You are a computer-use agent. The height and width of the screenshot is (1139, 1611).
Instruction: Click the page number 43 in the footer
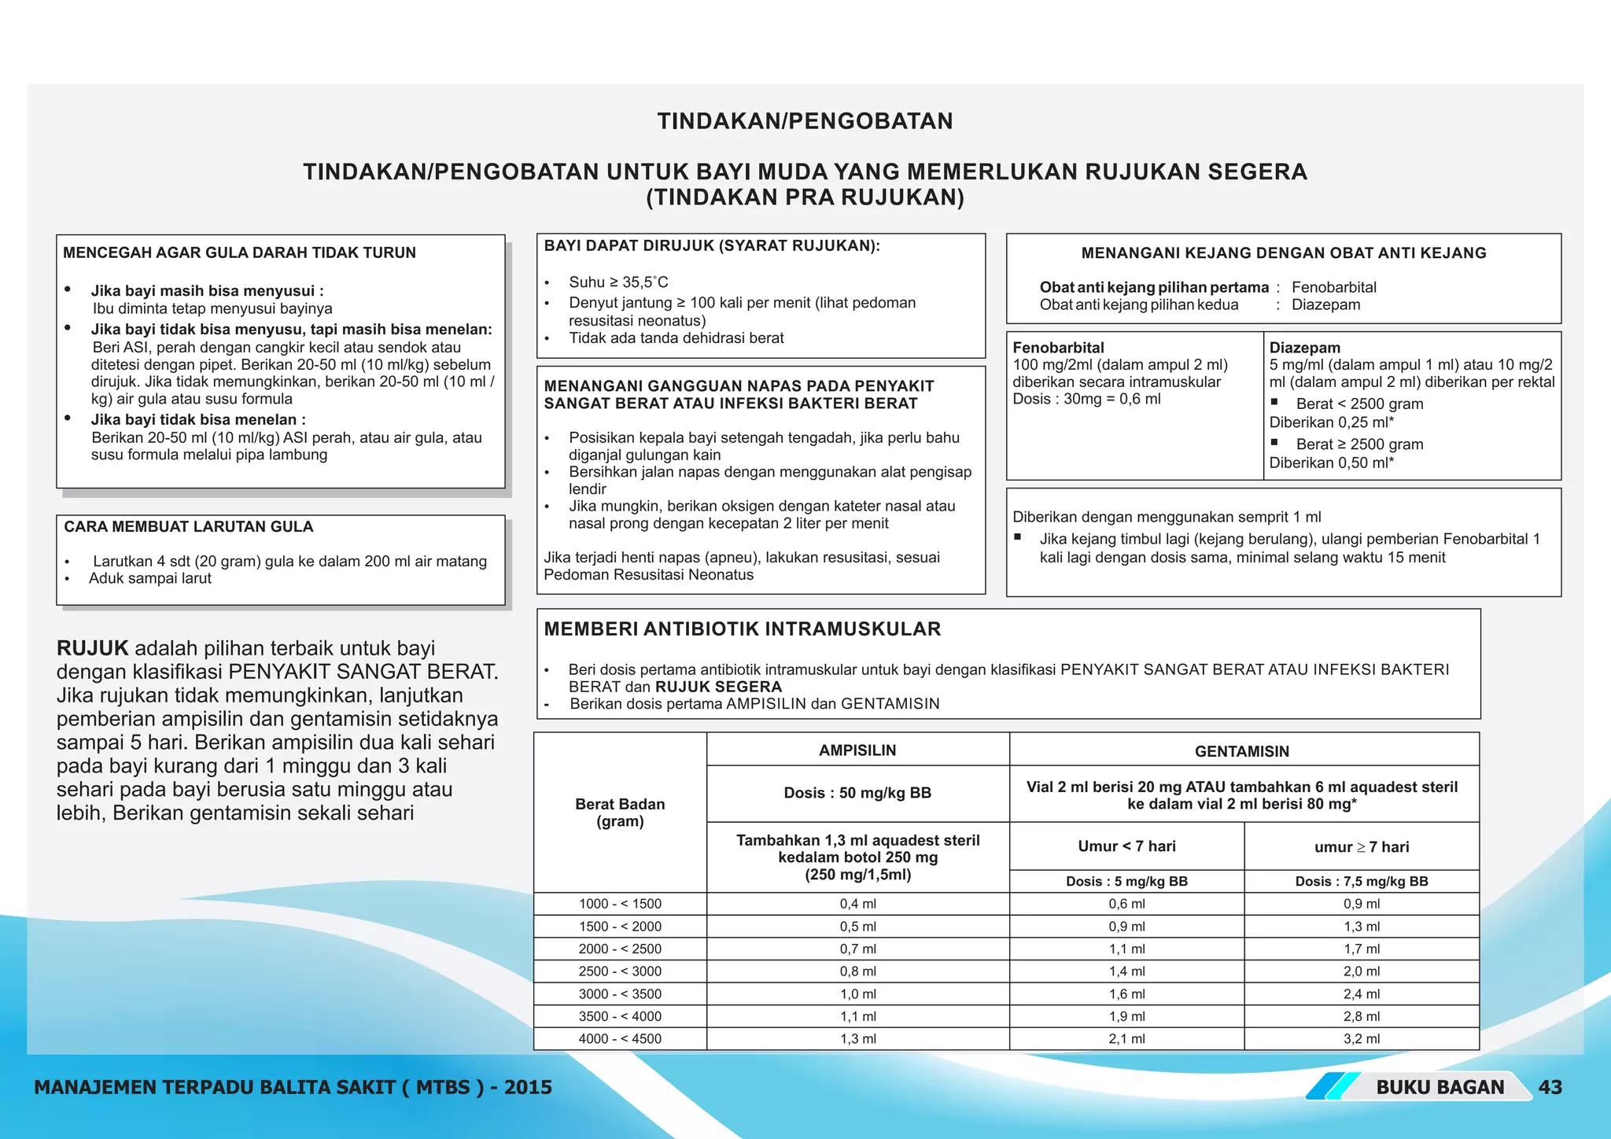tap(1550, 1087)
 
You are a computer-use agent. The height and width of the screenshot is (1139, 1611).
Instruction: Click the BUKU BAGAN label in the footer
tap(1440, 1087)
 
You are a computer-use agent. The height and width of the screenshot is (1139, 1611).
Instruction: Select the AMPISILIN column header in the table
tap(857, 750)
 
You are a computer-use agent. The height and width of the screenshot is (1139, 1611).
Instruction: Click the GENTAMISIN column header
tap(1242, 751)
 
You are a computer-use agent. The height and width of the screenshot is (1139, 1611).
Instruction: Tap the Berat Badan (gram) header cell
tap(620, 813)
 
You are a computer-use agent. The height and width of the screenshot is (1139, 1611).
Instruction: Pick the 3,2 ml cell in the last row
tap(1362, 1038)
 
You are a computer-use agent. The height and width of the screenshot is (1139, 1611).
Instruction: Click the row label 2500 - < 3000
tap(620, 971)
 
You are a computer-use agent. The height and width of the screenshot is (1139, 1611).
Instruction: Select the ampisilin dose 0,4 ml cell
tap(857, 904)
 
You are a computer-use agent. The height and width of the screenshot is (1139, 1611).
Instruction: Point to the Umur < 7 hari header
tap(1126, 846)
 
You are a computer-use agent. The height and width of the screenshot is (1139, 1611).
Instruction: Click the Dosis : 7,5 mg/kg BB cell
tap(1362, 881)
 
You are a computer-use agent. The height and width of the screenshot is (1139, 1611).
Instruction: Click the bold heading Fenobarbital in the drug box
tap(1058, 348)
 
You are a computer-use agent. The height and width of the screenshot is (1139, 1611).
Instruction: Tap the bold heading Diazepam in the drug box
tap(1304, 348)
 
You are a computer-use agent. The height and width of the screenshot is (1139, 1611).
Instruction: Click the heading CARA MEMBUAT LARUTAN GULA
tap(189, 527)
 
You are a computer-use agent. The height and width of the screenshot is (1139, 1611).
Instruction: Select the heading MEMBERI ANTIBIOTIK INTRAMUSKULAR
tap(742, 629)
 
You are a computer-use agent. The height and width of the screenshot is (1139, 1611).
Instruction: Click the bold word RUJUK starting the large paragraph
tap(92, 649)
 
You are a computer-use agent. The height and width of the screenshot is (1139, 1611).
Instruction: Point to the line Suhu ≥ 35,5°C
tap(618, 282)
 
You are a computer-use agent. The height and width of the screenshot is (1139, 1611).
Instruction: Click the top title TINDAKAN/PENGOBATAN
tap(805, 121)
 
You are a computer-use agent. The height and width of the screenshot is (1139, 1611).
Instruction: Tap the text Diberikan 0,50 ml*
tap(1331, 463)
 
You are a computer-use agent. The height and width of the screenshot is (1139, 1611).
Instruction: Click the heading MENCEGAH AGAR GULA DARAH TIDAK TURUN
tap(239, 253)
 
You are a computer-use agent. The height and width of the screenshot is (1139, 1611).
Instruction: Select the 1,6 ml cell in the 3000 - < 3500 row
tap(1126, 993)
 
